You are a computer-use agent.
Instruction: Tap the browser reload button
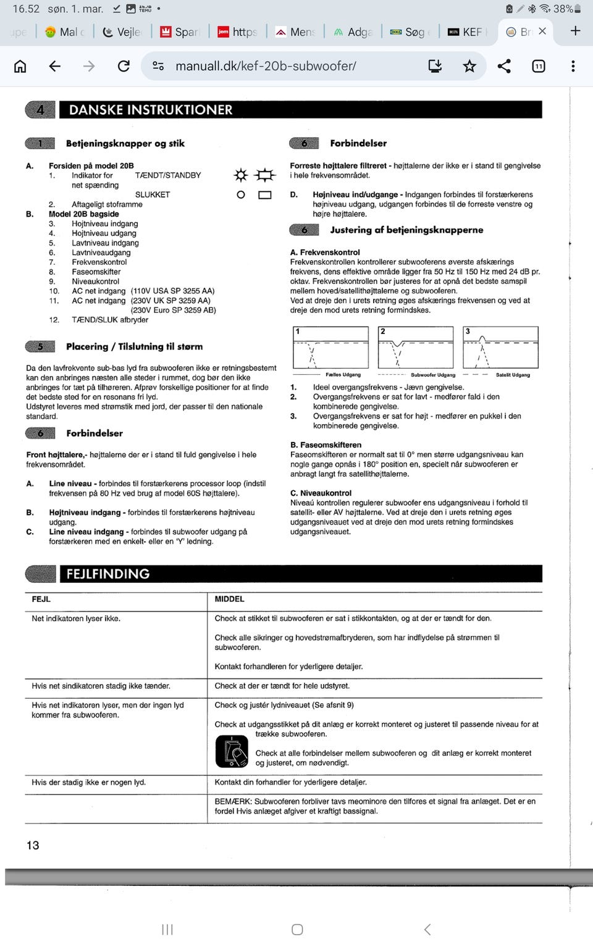pos(124,66)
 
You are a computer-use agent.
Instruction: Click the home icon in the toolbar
pos(20,66)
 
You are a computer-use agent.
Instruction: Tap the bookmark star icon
pos(469,66)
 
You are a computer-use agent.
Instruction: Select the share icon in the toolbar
pos(504,66)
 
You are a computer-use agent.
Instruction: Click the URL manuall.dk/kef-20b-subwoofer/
pos(266,66)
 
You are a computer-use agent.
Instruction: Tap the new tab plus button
pos(575,31)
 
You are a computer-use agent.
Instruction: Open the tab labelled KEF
pos(468,31)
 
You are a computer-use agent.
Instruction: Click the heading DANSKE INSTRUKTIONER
pos(151,110)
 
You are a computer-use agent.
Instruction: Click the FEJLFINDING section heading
pos(108,574)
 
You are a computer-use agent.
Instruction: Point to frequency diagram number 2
pos(416,348)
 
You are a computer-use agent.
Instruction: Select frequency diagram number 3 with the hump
pos(500,348)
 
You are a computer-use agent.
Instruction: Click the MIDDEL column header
pos(230,599)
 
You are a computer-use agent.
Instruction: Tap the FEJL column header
pos(41,599)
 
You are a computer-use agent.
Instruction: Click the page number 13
pos(33,845)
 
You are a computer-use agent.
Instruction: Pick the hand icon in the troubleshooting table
pos(232,752)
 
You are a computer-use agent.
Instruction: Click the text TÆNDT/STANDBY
pos(168,175)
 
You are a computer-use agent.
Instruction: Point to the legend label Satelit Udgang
pos(513,375)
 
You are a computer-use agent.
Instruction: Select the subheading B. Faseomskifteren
pos(326,445)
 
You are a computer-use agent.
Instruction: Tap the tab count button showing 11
pos(539,66)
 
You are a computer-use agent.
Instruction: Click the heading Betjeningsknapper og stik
pos(125,143)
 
